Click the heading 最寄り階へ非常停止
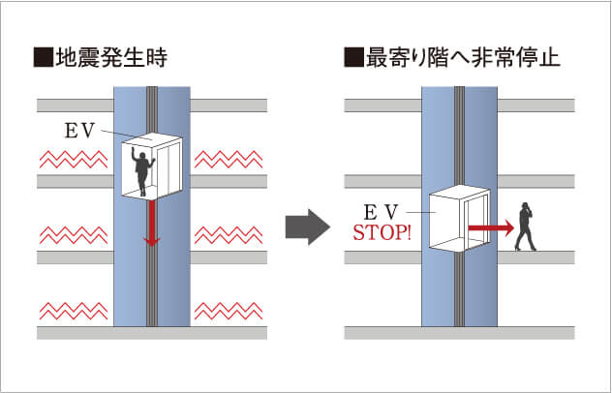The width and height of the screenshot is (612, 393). pos(463,58)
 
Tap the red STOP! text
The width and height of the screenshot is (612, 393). pos(382,232)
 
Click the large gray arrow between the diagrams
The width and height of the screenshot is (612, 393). pos(307,226)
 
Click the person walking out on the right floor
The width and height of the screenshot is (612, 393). pos(526,227)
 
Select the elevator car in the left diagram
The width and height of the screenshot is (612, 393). pos(151,167)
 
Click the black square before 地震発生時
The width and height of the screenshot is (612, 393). pos(43,58)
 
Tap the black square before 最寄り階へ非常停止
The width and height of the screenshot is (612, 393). pos(352,58)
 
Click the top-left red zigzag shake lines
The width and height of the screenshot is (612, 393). pos(73,158)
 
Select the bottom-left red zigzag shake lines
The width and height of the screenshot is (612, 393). pos(73,311)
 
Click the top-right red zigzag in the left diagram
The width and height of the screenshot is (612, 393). pos(229,158)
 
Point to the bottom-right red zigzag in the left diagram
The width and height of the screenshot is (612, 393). pos(229,311)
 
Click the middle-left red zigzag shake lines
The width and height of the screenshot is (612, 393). pos(73,234)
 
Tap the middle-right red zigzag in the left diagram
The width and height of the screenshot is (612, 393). pos(229,234)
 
